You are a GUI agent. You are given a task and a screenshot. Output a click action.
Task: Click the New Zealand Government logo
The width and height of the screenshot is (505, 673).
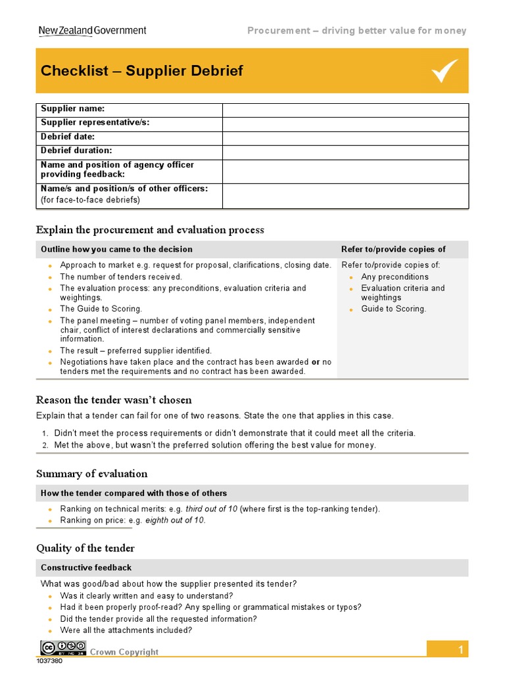pyautogui.click(x=92, y=30)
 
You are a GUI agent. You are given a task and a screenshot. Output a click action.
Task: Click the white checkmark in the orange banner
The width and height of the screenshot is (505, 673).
pyautogui.click(x=445, y=71)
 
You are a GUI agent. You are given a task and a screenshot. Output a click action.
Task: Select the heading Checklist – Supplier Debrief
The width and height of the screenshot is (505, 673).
pyautogui.click(x=142, y=71)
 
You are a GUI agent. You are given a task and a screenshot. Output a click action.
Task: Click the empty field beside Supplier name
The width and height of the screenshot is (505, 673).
pyautogui.click(x=345, y=110)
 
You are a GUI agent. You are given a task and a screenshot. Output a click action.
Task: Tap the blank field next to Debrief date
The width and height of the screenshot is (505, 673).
pyautogui.click(x=345, y=137)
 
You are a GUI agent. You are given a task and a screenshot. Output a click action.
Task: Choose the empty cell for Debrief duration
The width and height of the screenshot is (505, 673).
pyautogui.click(x=345, y=151)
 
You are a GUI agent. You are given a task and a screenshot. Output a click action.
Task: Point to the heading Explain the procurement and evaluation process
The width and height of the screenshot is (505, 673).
pyautogui.click(x=150, y=229)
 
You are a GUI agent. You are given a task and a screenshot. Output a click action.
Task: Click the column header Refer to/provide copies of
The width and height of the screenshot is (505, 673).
pyautogui.click(x=393, y=249)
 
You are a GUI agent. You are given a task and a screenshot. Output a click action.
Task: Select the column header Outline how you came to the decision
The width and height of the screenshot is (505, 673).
pyautogui.click(x=116, y=249)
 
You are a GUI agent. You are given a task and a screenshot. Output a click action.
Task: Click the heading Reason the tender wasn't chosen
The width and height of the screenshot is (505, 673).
pyautogui.click(x=114, y=400)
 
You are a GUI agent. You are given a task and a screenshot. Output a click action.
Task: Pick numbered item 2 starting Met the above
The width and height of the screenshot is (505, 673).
pyautogui.click(x=215, y=445)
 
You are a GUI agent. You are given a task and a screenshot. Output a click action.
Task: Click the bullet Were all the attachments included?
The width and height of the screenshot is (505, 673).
pyautogui.click(x=126, y=630)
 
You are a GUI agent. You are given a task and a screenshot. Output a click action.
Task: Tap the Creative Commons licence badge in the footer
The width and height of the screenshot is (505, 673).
pyautogui.click(x=63, y=647)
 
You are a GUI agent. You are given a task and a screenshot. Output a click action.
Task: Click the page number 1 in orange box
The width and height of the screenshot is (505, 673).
pyautogui.click(x=461, y=650)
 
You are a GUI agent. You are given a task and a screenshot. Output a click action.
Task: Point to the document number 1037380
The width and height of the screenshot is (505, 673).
pyautogui.click(x=51, y=661)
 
